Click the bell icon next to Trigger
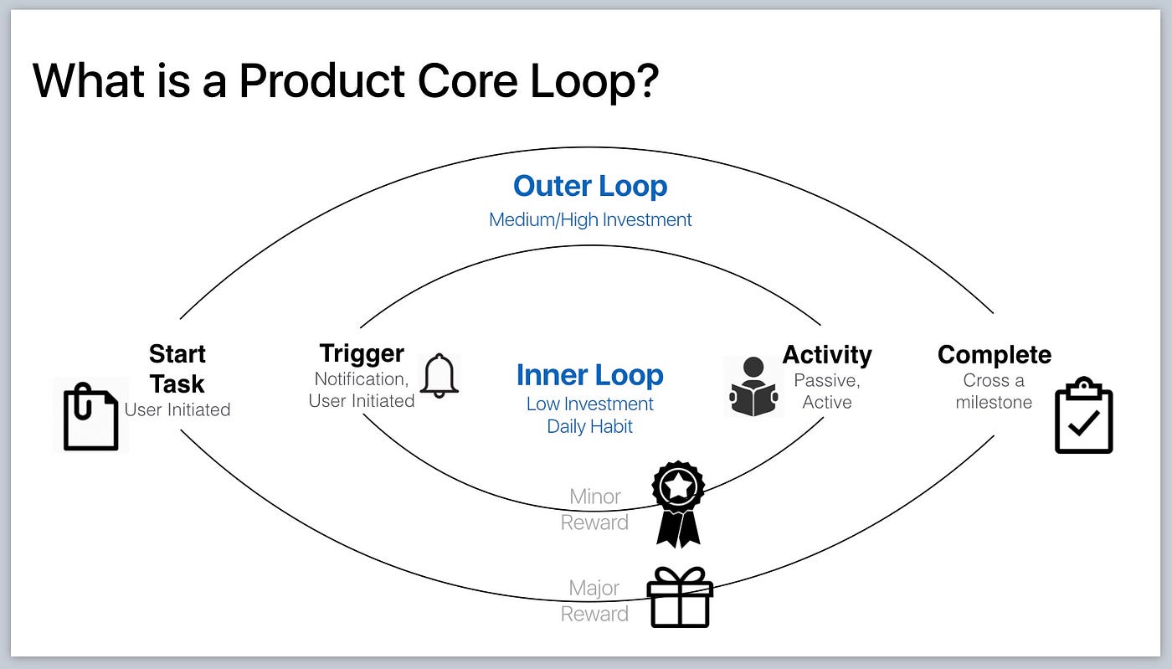[439, 376]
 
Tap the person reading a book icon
[753, 386]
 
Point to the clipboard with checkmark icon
[1083, 416]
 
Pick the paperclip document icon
[90, 416]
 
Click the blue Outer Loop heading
[590, 186]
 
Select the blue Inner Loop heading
[589, 375]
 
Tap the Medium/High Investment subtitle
[590, 220]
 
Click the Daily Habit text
[589, 426]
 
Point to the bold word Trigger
[362, 353]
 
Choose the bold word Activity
[827, 355]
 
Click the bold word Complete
[994, 355]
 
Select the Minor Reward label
[594, 509]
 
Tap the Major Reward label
[594, 601]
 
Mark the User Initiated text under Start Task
[177, 409]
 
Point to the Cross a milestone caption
[994, 391]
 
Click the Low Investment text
[589, 404]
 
